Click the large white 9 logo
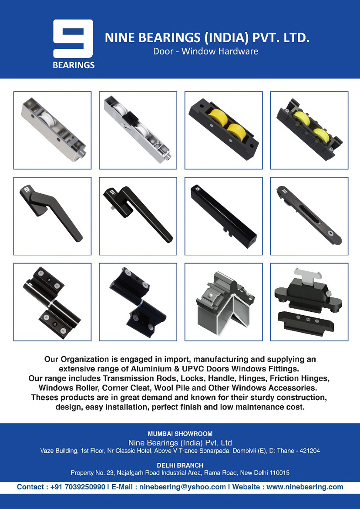(73, 39)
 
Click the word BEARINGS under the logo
(74, 65)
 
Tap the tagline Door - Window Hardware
(206, 51)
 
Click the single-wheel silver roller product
(53, 130)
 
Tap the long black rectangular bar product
(224, 216)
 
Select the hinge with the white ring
(52, 302)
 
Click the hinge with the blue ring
(138, 302)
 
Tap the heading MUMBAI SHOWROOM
(180, 434)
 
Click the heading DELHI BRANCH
(180, 465)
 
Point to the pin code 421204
(309, 451)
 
